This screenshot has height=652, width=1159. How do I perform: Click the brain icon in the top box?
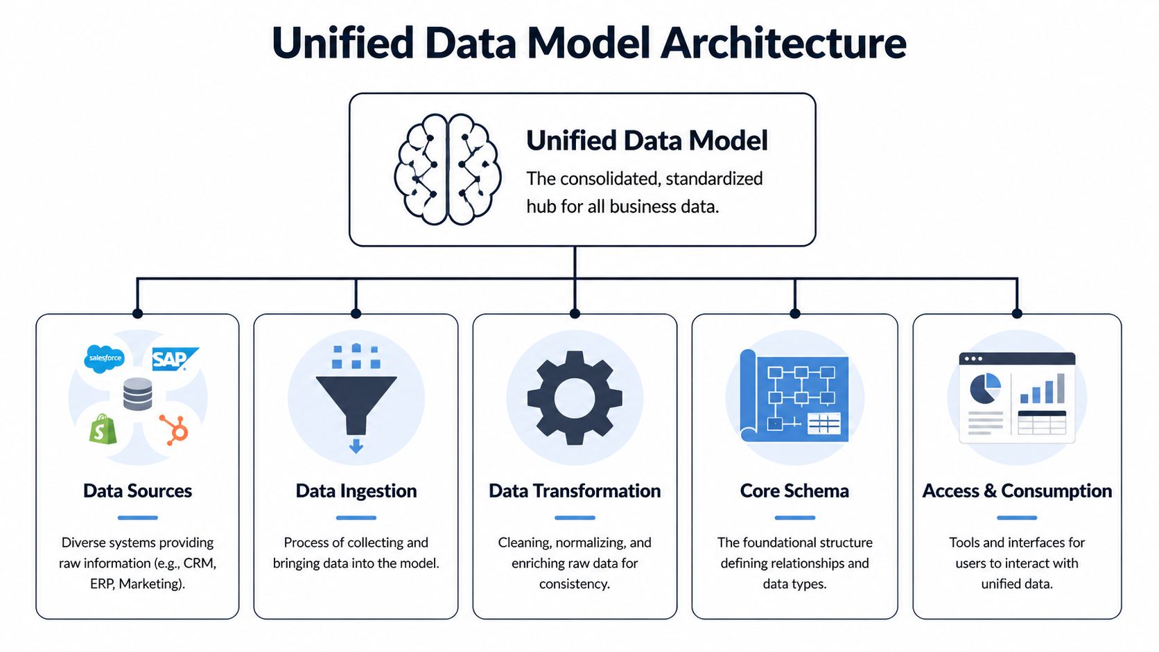tap(447, 170)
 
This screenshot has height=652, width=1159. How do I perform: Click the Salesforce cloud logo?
tap(105, 358)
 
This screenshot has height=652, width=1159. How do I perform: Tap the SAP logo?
tap(173, 359)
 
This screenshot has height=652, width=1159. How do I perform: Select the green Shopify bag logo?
tap(103, 430)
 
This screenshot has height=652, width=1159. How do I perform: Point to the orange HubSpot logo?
tap(175, 430)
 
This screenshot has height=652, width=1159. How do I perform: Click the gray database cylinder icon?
tap(137, 394)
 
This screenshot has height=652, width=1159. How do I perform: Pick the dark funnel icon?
tap(356, 402)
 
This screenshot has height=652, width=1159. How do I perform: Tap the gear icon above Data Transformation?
tap(575, 398)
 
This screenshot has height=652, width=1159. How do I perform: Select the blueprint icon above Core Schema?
tap(794, 396)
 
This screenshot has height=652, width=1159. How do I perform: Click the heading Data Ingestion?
tap(356, 491)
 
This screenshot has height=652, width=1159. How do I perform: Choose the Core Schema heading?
tap(794, 491)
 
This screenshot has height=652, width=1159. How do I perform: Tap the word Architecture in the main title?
tap(783, 43)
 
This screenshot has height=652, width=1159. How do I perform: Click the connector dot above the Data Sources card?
tap(137, 314)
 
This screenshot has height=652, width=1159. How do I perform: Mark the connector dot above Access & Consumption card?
tap(1017, 314)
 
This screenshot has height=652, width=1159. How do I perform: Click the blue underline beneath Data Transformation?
tap(575, 518)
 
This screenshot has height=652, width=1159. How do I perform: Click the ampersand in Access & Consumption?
tap(990, 491)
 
